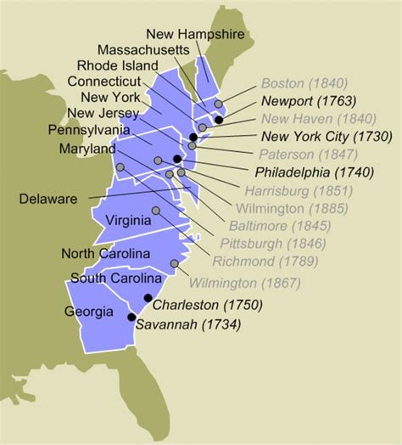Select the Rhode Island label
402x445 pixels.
coord(129,65)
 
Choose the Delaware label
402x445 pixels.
coord(47,199)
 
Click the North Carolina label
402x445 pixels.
coord(105,254)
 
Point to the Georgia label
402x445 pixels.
coord(88,311)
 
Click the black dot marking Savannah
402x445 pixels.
coord(131,318)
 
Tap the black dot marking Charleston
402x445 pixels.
coord(148,297)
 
